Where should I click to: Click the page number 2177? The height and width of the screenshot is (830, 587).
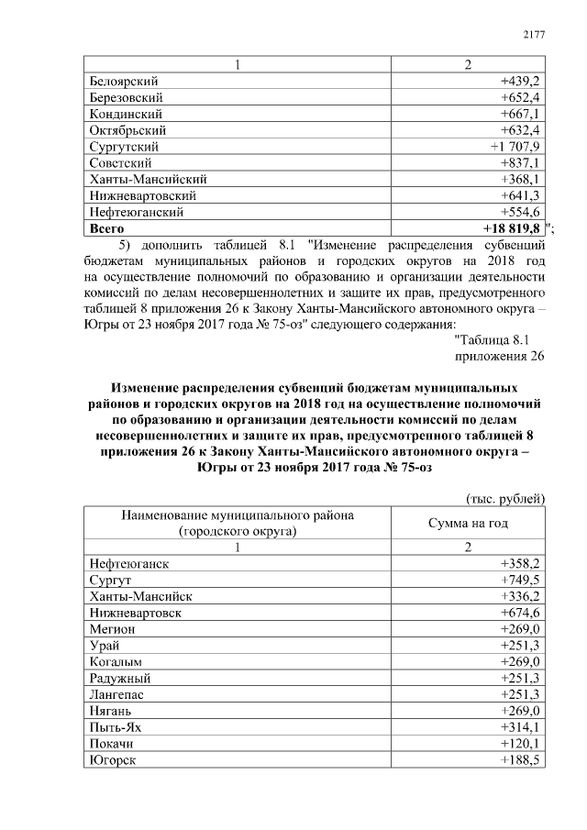pyautogui.click(x=534, y=34)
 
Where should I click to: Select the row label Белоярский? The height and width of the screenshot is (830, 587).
pyautogui.click(x=123, y=81)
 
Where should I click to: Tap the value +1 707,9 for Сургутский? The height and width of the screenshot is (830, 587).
pyautogui.click(x=518, y=147)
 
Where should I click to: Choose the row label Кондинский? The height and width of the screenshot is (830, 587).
pyautogui.click(x=126, y=114)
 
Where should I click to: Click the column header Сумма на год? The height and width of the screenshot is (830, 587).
pyautogui.click(x=468, y=523)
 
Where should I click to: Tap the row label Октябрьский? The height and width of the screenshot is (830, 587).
pyautogui.click(x=127, y=130)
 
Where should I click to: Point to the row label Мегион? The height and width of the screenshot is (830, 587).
pyautogui.click(x=113, y=629)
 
